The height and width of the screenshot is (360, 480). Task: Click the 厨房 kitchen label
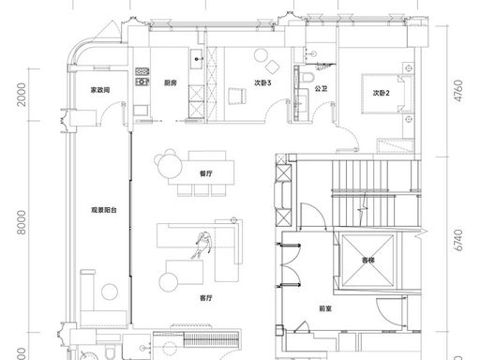[171, 82]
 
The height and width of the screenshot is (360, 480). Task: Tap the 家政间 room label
[100, 90]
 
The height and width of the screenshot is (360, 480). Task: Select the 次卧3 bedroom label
[262, 82]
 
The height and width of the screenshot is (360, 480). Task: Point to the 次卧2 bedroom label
[381, 93]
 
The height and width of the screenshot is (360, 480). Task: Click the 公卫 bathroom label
[321, 89]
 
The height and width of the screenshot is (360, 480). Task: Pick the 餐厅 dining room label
[206, 173]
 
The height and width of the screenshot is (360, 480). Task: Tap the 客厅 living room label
[206, 298]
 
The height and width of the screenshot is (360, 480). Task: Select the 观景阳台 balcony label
[104, 210]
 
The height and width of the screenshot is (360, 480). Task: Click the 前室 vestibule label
[325, 308]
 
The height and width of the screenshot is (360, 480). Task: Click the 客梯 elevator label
[368, 260]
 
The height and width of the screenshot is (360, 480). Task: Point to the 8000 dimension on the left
[22, 222]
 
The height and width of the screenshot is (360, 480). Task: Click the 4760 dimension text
[458, 91]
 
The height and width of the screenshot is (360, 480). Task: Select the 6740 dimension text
[458, 240]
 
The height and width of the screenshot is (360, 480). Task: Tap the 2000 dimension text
[22, 95]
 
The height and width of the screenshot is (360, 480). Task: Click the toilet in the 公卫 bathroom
[307, 77]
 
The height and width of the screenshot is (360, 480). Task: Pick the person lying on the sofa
[203, 245]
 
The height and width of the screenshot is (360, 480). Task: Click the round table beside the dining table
[170, 166]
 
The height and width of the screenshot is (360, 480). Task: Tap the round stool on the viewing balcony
[110, 292]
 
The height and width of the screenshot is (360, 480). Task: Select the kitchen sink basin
[197, 59]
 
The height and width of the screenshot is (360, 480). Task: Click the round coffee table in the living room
[169, 282]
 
